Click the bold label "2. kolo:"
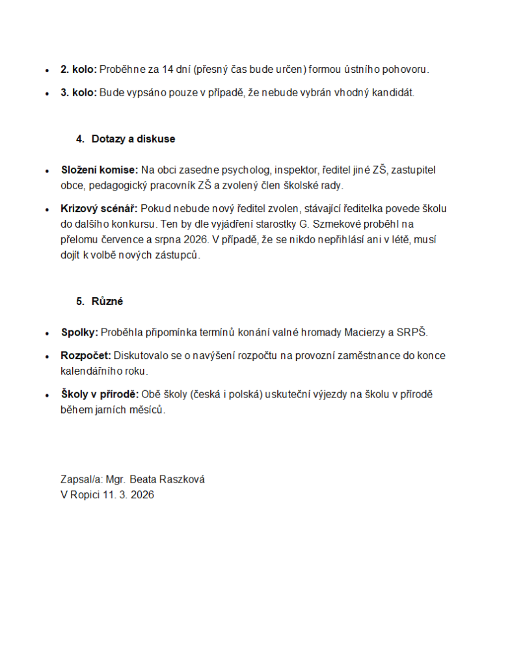coord(78,69)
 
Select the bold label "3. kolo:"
coord(78,92)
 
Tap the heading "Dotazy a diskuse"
coord(133,139)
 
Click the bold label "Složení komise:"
coord(99,170)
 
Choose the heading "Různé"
coord(107,302)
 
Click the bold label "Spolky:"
coord(79,332)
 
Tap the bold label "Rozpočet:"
coord(86,356)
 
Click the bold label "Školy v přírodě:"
coord(100,395)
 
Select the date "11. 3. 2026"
coord(128,494)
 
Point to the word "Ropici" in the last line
coord(85,494)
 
